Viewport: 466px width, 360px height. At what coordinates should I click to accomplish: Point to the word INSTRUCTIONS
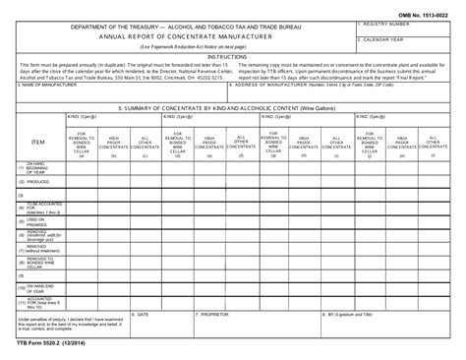233,56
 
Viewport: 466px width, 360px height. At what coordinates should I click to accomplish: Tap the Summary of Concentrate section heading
235,108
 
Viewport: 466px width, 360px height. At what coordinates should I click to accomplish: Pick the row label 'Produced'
35,181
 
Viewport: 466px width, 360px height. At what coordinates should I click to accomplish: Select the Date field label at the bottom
144,315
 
